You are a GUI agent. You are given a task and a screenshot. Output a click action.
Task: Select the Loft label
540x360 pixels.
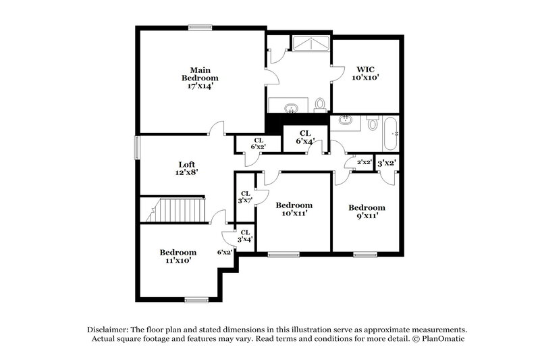[x=187, y=168]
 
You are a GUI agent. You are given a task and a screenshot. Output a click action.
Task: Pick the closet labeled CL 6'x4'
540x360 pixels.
[x=305, y=137]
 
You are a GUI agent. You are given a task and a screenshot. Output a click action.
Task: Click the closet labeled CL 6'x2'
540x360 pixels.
[x=256, y=143]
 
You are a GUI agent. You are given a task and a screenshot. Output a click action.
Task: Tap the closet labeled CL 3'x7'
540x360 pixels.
[x=244, y=196]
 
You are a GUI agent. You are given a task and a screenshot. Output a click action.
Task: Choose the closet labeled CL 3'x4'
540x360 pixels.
[x=244, y=236]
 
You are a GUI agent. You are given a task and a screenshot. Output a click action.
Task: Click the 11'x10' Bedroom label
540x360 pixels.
[x=178, y=256]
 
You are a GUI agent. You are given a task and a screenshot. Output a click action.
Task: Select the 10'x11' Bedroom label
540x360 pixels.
[x=294, y=209]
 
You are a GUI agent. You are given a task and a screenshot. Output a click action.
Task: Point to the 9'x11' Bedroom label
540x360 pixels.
[x=367, y=211]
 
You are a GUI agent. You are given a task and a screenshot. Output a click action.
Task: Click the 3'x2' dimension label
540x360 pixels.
[x=385, y=163]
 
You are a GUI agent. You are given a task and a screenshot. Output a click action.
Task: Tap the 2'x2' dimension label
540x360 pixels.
[x=363, y=163]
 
